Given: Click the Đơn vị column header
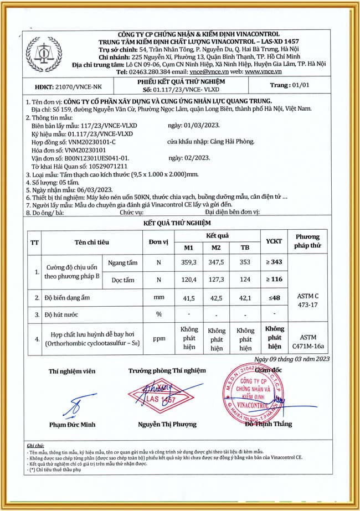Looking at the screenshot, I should point(158,242).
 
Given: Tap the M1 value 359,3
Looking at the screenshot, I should point(189,263).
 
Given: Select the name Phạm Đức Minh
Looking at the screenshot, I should point(72,425).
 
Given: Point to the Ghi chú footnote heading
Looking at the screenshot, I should point(35,446).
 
